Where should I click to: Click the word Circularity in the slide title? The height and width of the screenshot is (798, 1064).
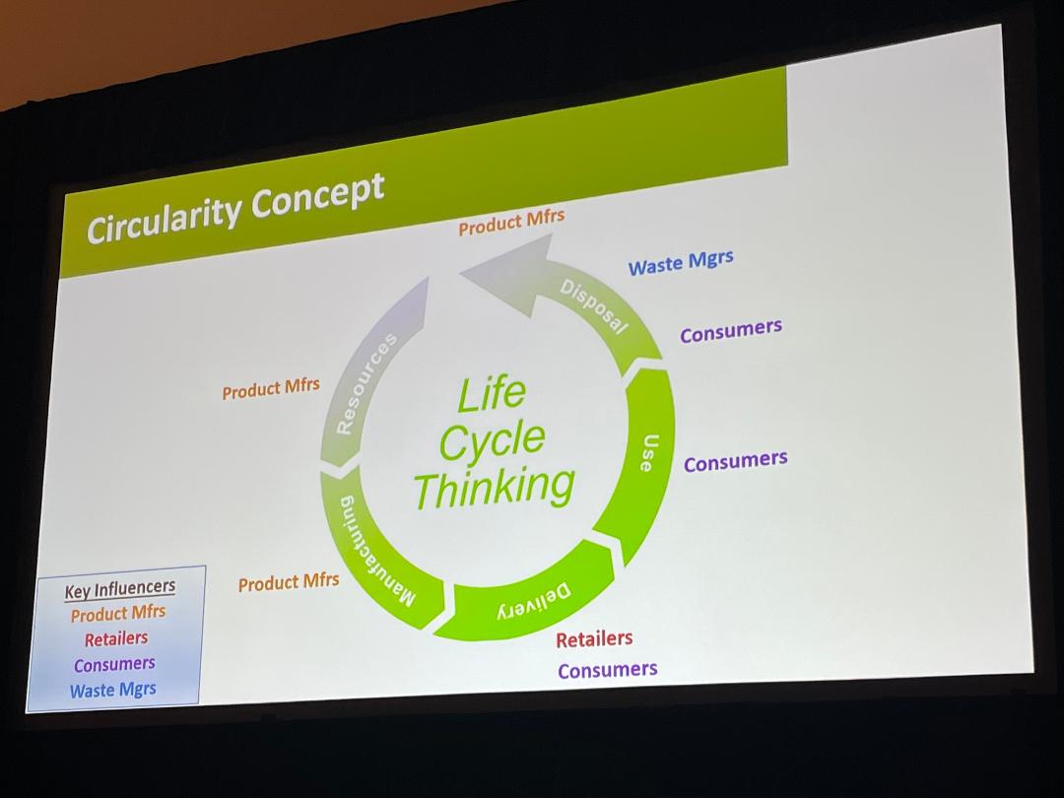click(164, 217)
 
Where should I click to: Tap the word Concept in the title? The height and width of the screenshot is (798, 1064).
click(317, 193)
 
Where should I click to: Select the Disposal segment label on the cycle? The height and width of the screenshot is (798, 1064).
click(594, 306)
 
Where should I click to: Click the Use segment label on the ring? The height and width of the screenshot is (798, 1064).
click(648, 452)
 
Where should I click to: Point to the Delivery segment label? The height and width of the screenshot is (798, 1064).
click(533, 601)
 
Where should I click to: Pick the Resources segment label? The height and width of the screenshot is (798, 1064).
click(366, 384)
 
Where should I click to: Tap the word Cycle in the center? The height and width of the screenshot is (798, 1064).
click(492, 440)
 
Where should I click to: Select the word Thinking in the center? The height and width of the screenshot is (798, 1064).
click(494, 486)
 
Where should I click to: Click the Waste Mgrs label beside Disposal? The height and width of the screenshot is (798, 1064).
click(681, 263)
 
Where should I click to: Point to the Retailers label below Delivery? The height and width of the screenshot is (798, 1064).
click(594, 638)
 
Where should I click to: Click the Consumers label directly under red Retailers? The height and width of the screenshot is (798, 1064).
click(607, 670)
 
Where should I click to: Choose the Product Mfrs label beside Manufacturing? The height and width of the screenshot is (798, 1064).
click(289, 582)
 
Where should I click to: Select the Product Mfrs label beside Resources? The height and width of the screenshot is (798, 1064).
click(271, 388)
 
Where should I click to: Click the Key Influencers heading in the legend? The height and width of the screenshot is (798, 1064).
click(120, 589)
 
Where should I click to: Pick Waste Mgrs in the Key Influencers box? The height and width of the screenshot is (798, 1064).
click(113, 689)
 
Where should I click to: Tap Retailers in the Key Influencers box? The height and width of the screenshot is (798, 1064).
click(116, 638)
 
